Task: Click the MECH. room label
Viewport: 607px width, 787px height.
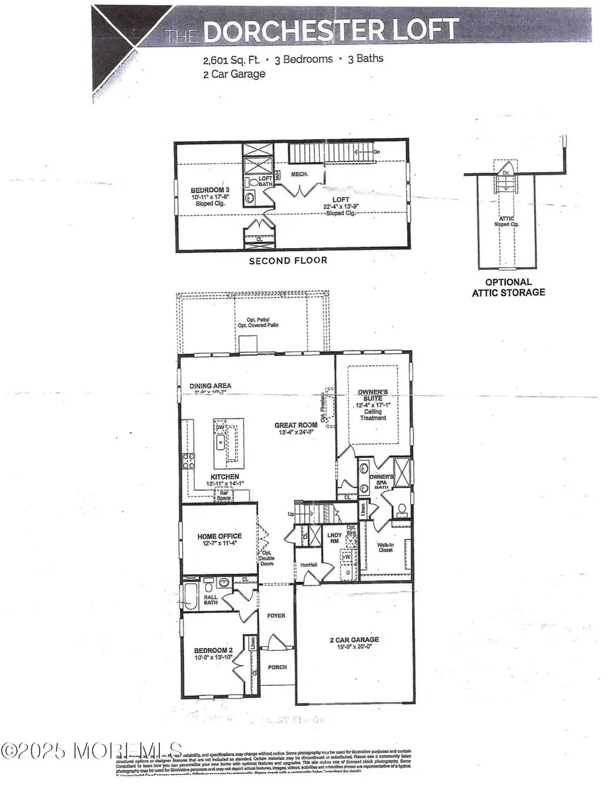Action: (299, 174)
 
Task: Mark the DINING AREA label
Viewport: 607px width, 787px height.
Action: (210, 386)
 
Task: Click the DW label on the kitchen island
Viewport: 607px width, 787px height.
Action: (220, 428)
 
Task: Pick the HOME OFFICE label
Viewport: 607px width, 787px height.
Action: (219, 537)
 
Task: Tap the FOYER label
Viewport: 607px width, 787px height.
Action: (277, 616)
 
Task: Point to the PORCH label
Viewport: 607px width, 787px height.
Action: (277, 667)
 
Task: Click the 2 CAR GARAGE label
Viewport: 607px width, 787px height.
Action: (349, 639)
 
